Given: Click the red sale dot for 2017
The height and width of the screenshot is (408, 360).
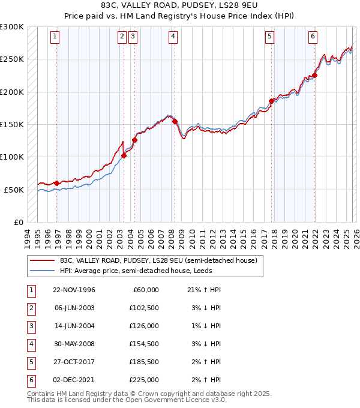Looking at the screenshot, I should pos(271,101).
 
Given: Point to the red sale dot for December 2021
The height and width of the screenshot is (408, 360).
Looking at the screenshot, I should pos(314,76).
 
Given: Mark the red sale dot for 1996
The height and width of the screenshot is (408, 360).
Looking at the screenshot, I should pos(56,183).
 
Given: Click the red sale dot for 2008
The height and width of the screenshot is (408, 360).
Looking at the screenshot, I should pos(175,121).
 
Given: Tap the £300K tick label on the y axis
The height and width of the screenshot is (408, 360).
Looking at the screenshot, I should pos(12,27).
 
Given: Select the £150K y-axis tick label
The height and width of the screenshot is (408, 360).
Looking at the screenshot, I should pos(12,124).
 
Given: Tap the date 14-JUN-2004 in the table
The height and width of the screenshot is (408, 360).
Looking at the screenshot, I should pos(74,326).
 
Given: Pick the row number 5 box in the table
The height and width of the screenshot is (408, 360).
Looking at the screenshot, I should pos(31,362).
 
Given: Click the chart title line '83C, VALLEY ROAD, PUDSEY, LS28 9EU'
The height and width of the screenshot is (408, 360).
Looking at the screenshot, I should pos(180,5).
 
